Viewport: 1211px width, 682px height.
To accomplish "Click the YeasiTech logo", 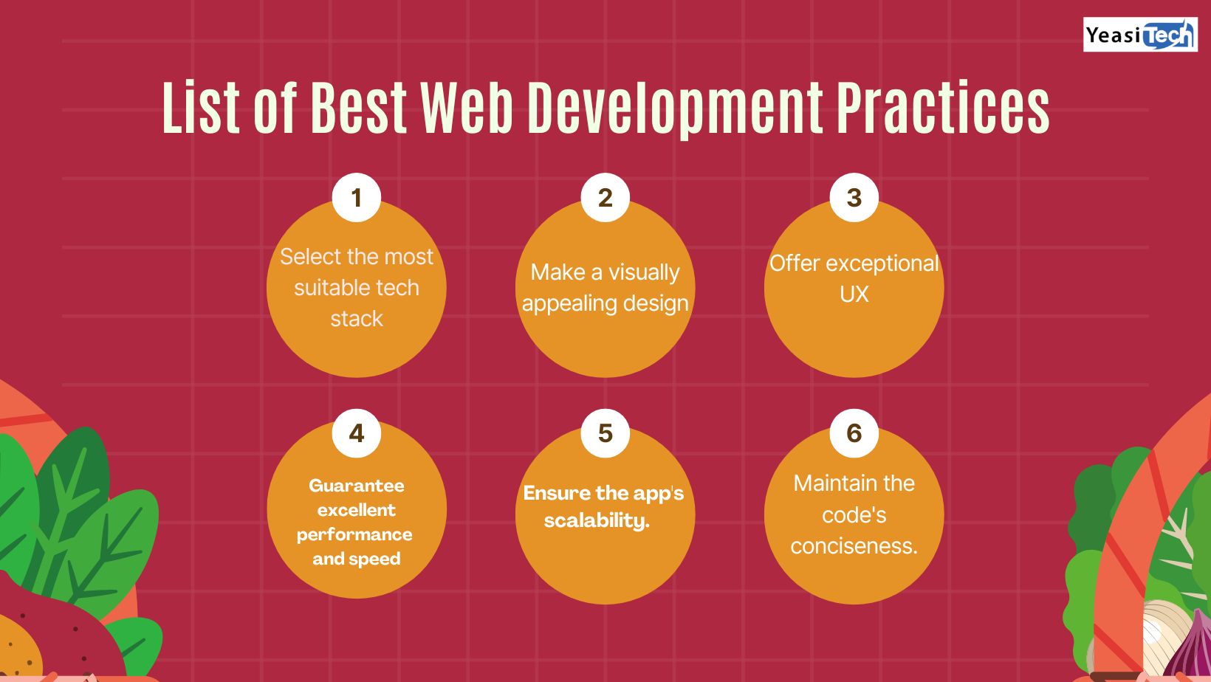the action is pos(1140,35).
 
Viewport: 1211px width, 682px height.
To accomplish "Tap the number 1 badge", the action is pos(356,197).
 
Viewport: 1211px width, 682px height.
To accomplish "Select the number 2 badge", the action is pos(605,197).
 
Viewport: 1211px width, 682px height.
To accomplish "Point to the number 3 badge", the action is pos(854,197).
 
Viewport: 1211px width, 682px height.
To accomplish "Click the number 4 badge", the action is pos(356,433).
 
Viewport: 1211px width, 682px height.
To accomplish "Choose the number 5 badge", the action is pos(605,433).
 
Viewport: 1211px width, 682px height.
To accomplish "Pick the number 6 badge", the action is pos(854,433).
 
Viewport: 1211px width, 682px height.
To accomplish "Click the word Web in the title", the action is pos(467,107).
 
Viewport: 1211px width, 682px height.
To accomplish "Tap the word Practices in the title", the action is pos(943,107).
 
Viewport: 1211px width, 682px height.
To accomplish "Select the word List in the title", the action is pos(201,107).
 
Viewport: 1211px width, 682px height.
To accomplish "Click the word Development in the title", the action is pos(675,110).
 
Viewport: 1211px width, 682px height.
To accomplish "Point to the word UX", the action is pos(854,294).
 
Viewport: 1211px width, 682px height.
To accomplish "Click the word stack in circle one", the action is pos(356,319).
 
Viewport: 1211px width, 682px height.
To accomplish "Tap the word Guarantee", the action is pos(356,485).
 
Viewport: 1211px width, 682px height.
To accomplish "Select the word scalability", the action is pos(597,520).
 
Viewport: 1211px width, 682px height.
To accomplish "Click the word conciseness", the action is pos(854,545).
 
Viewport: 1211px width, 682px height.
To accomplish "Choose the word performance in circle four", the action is pos(354,534).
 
